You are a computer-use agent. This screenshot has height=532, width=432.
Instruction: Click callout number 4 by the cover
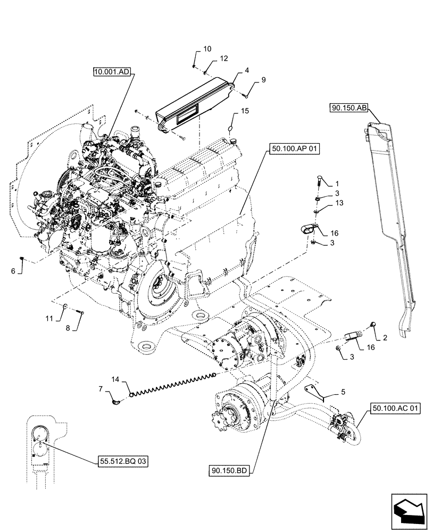[247, 70]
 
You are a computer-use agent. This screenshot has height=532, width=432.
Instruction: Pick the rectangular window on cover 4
[189, 113]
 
